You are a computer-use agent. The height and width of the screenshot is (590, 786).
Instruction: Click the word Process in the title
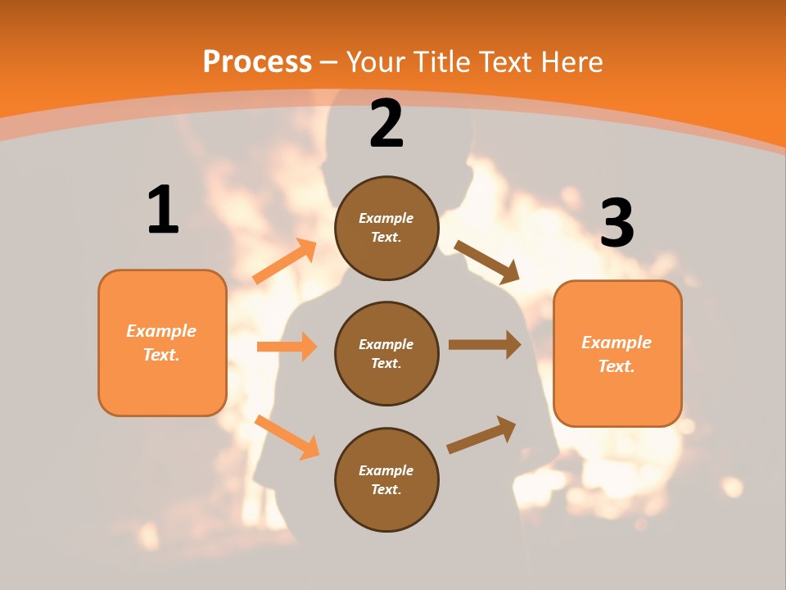coord(257,62)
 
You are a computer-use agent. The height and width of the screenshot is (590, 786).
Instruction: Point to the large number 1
coord(163,211)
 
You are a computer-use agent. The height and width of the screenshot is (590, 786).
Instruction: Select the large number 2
coord(386,124)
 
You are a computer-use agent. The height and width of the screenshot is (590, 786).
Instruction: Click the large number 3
coord(617,223)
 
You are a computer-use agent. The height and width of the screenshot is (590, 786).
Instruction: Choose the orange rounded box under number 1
coord(162,343)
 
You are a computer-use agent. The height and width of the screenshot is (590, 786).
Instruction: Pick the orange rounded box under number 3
coord(617,353)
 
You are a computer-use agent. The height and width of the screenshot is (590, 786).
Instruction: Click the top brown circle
coord(386,228)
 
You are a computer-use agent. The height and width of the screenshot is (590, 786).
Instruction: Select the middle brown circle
coord(386,353)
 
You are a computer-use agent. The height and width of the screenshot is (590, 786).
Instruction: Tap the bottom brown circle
coord(386,479)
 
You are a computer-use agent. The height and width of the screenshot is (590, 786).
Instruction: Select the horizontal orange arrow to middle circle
coord(287,347)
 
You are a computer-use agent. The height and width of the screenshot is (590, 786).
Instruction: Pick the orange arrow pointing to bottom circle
coord(287,437)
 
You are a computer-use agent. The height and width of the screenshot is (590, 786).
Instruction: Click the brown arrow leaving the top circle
coord(487,261)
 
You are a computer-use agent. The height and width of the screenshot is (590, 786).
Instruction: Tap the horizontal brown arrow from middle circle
coord(485,345)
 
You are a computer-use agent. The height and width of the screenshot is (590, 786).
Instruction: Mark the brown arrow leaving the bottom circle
coord(481,434)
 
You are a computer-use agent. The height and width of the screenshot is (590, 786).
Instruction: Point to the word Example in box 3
coord(617,343)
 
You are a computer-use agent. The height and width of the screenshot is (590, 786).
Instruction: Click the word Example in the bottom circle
coord(386,470)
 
